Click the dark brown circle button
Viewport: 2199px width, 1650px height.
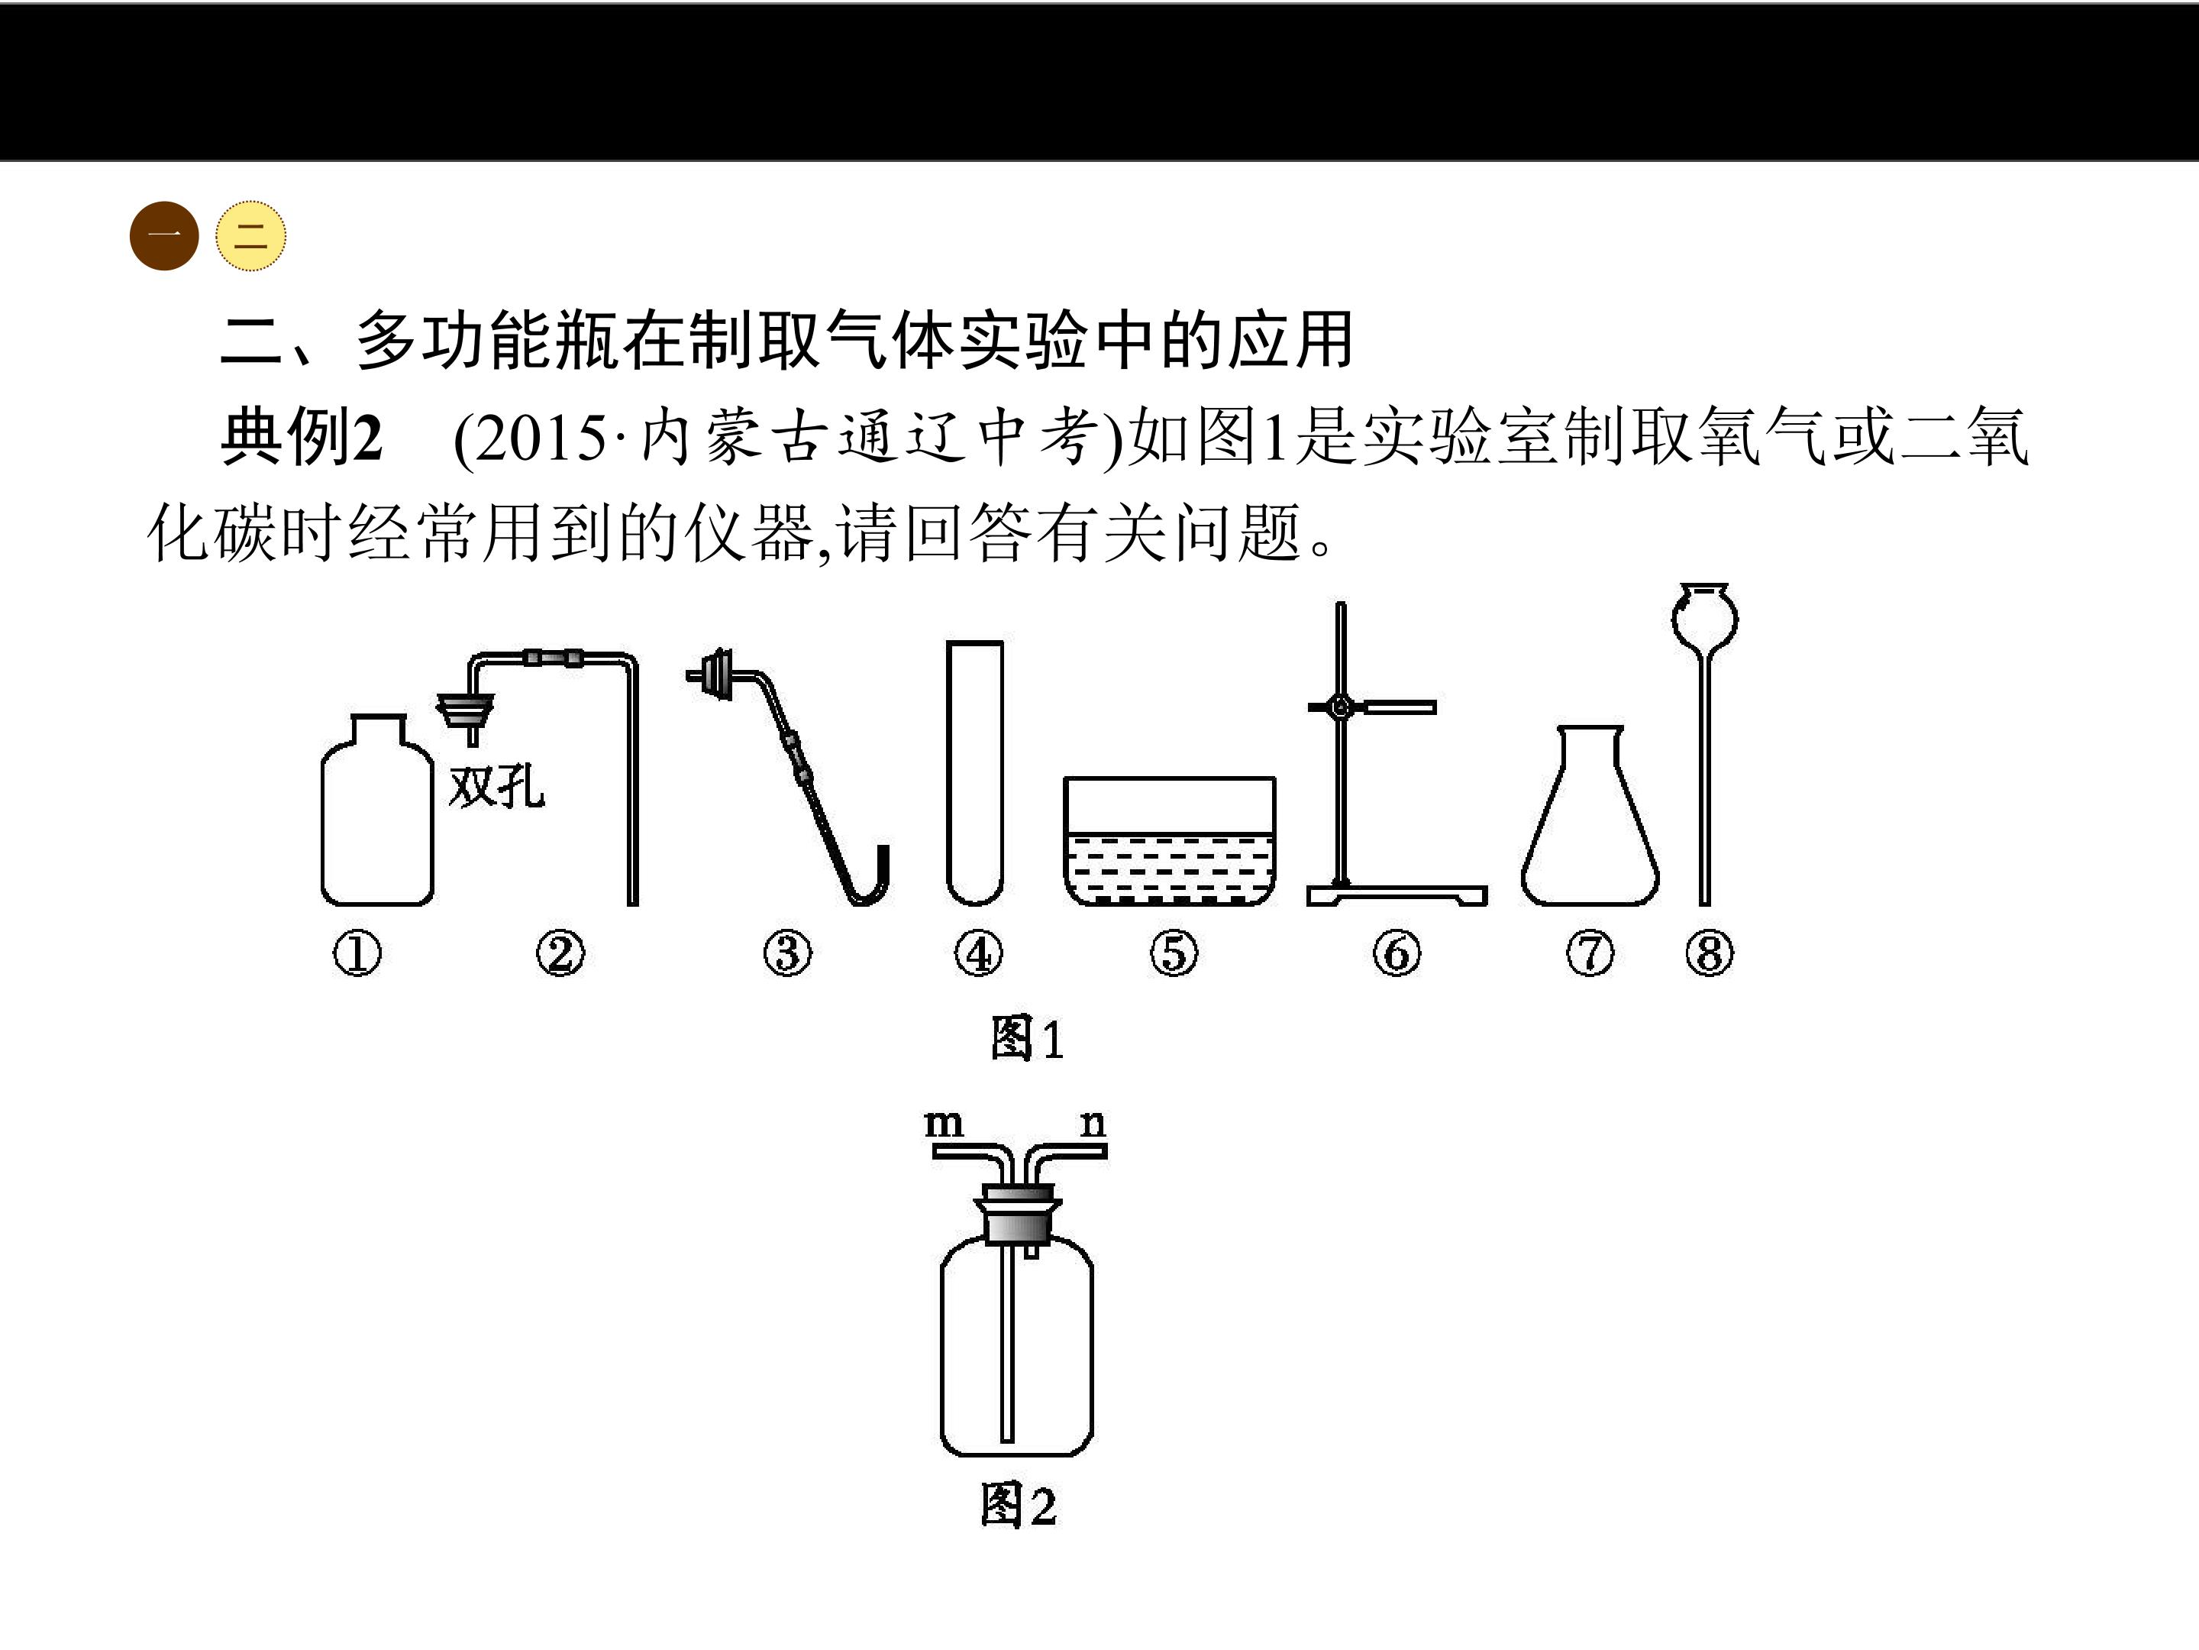(x=164, y=236)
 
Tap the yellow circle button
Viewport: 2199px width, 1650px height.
(x=250, y=236)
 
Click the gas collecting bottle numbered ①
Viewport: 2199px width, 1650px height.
(x=376, y=810)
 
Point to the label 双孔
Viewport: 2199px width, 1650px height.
(x=496, y=788)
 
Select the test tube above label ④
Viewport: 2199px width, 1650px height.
(x=974, y=773)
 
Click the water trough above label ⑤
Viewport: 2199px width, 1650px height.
(x=1169, y=841)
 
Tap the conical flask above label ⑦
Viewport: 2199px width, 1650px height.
(x=1590, y=816)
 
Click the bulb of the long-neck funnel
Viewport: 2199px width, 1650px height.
(x=1705, y=616)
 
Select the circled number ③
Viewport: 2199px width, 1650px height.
(x=787, y=953)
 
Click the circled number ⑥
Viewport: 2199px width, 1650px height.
(x=1397, y=953)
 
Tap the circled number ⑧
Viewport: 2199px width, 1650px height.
(x=1710, y=953)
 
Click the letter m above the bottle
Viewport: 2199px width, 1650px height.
(x=944, y=1123)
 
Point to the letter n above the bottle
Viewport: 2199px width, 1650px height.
(x=1093, y=1123)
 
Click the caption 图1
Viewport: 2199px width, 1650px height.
(x=1027, y=1038)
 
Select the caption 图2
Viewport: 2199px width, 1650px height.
(x=1018, y=1504)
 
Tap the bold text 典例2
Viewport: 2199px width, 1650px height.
(x=302, y=438)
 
